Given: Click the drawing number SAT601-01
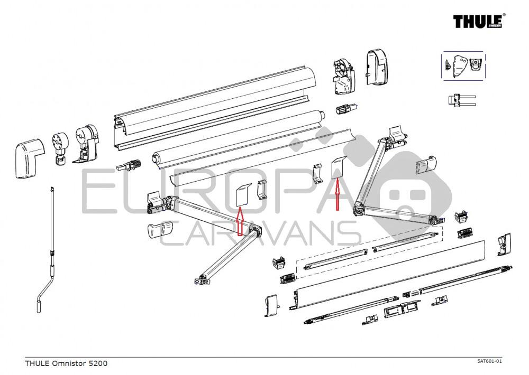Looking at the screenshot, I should (x=489, y=361).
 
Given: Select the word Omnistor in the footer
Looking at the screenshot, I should (x=68, y=363).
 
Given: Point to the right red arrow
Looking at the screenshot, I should (x=336, y=194).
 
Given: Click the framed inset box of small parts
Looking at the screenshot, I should (x=463, y=66).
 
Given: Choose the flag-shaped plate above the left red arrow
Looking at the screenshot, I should (x=242, y=193).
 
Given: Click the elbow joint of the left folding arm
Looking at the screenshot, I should (x=257, y=231).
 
